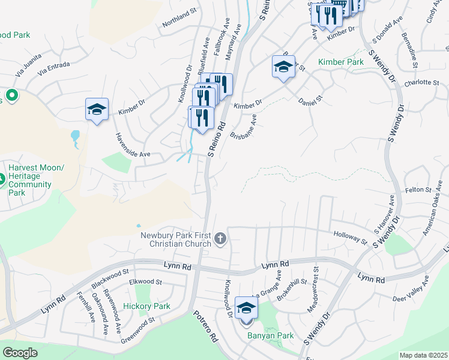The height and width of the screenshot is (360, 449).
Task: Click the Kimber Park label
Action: tap(341, 62)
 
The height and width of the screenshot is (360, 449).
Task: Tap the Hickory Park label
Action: tap(146, 306)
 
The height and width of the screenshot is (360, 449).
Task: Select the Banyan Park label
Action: tap(270, 335)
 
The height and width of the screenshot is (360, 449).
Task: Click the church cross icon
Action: tap(220, 239)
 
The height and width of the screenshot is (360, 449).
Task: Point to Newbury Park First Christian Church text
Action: tap(176, 239)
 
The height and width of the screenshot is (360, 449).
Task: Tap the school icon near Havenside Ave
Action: tap(97, 109)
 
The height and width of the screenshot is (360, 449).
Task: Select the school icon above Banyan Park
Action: tap(246, 308)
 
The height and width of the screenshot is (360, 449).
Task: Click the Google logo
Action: tap(20, 353)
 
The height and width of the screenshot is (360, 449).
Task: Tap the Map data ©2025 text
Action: tap(424, 355)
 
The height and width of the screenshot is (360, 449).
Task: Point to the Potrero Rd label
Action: tap(205, 326)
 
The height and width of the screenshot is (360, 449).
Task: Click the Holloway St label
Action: tap(350, 238)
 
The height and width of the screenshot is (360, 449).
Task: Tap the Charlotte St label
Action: tap(422, 83)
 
